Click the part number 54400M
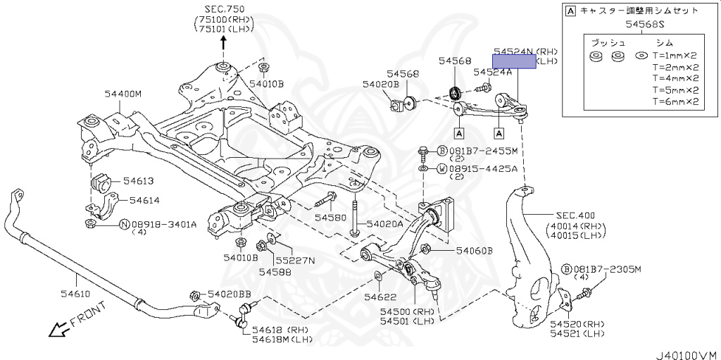pyautogui.click(x=123, y=94)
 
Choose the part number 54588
pyautogui.click(x=275, y=272)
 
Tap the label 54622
pyautogui.click(x=382, y=297)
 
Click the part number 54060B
pyautogui.click(x=475, y=251)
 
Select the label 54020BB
pyautogui.click(x=229, y=294)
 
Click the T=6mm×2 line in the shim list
pyautogui.click(x=675, y=101)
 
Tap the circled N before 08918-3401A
pyautogui.click(x=125, y=225)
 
